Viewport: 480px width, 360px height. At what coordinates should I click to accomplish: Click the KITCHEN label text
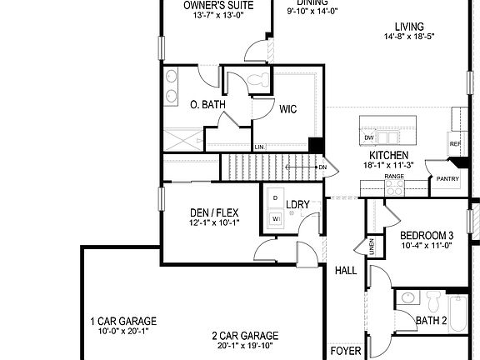389,156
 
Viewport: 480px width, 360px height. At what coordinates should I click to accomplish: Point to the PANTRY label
447,178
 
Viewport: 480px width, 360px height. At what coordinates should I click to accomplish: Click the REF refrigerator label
455,144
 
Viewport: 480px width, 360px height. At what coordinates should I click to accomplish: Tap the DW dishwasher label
368,137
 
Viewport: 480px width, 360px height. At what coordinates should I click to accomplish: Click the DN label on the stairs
322,167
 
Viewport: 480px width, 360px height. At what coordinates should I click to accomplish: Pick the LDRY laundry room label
297,204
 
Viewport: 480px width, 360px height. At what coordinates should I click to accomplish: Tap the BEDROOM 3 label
427,235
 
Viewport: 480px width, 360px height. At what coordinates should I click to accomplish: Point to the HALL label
346,270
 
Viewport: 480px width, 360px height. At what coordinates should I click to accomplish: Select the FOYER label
346,351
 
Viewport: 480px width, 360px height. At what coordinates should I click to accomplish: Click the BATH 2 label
432,320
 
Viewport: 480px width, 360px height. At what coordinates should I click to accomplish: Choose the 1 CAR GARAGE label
122,321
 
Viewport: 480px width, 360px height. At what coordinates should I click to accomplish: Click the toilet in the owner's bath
264,81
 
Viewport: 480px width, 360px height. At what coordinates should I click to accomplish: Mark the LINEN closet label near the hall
370,247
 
